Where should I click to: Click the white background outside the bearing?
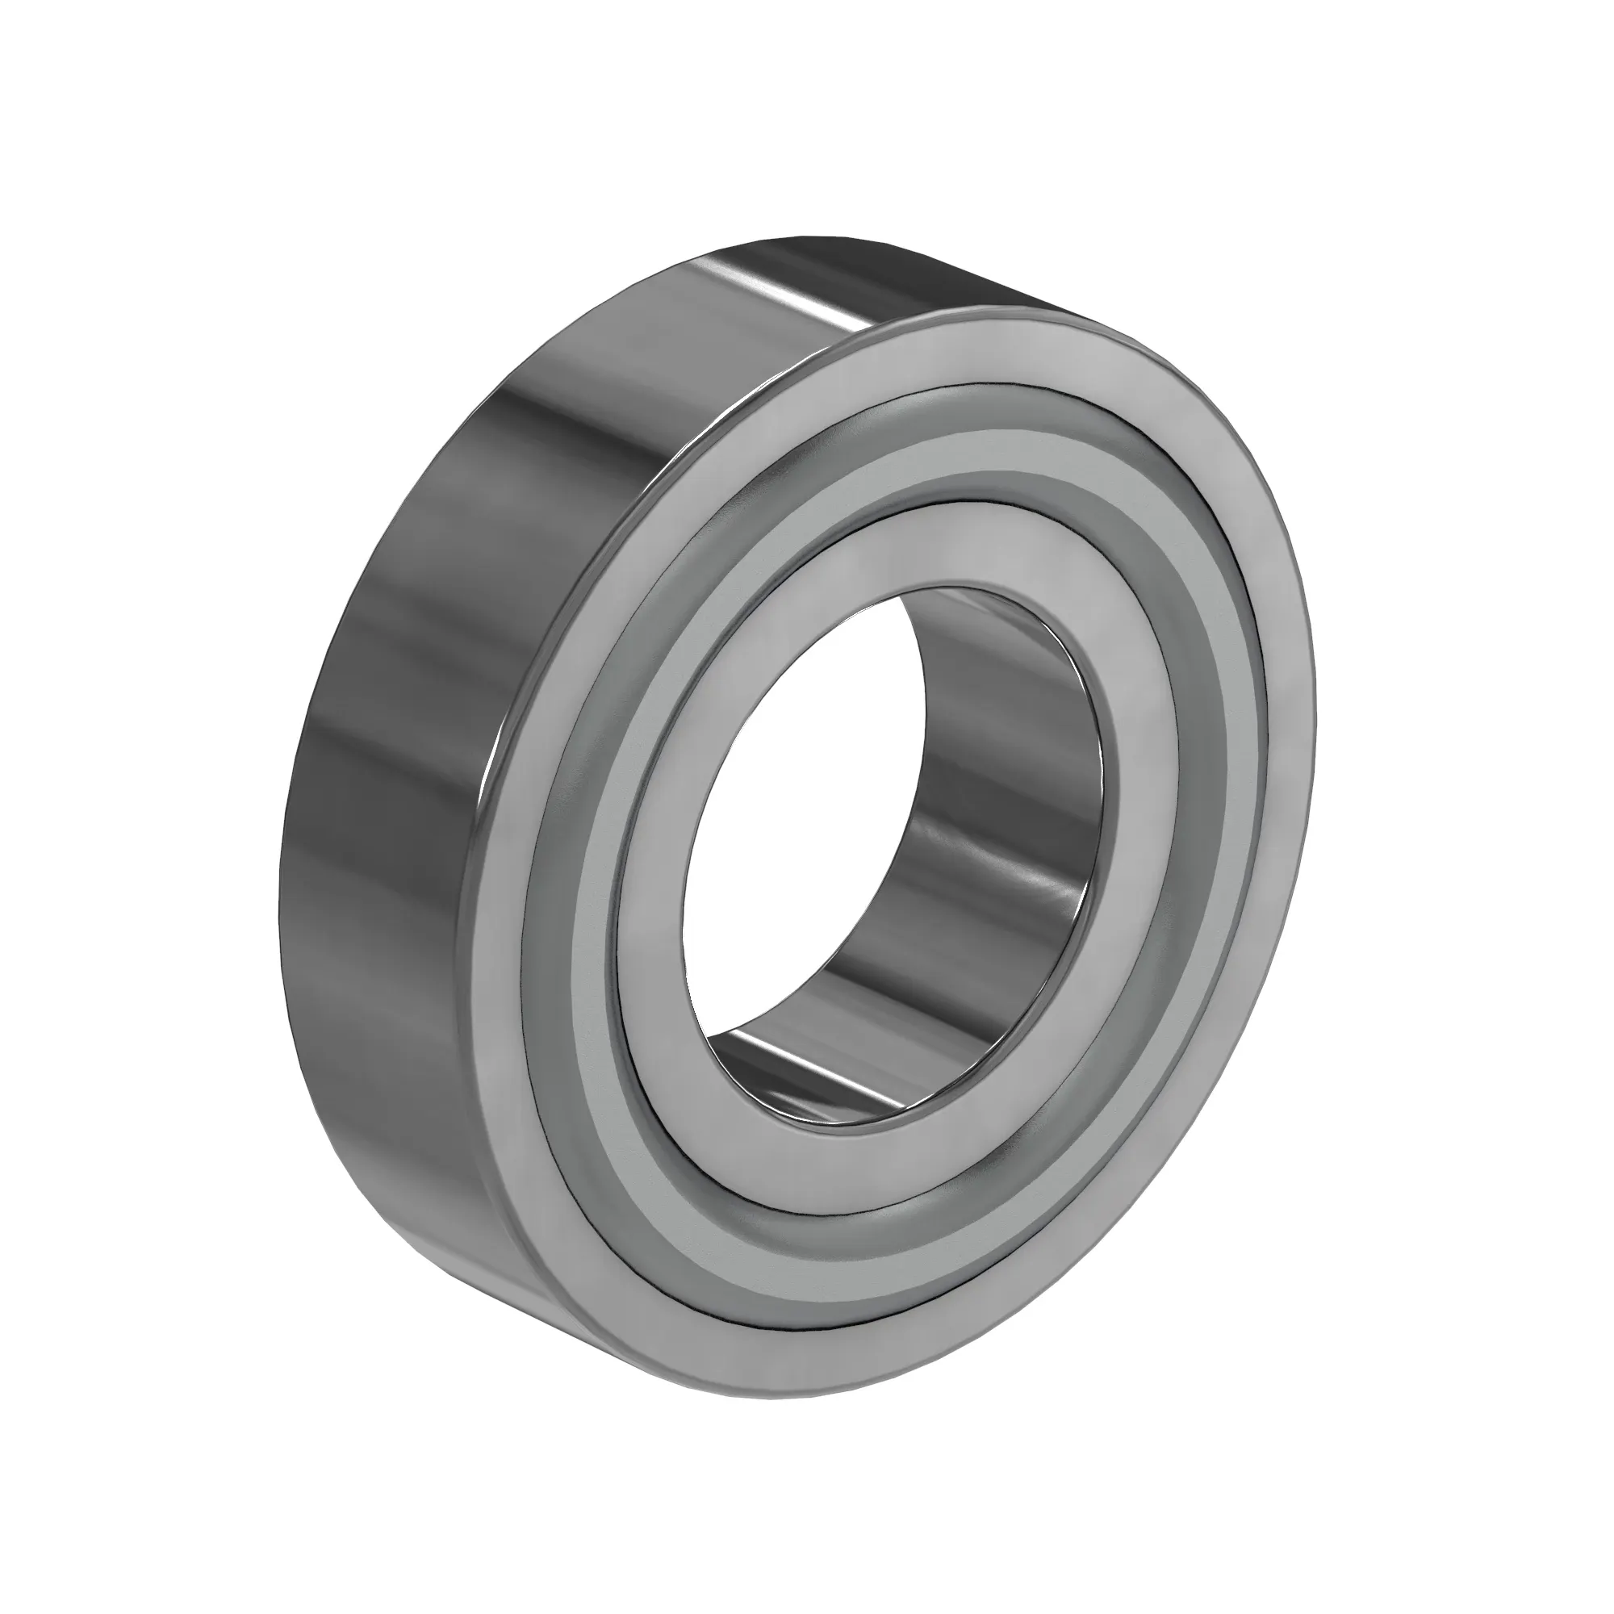[x=167, y=167]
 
